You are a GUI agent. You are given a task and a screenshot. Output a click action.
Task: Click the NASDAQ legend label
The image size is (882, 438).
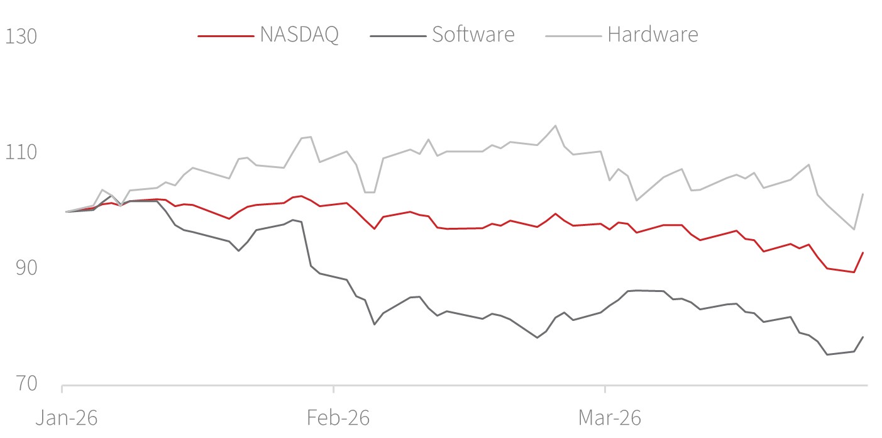299,35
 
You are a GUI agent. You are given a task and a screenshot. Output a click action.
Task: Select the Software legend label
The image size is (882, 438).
473,35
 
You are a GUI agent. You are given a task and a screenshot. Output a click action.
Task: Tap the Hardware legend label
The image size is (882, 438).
653,35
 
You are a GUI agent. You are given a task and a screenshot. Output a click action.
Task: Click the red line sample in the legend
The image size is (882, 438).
226,36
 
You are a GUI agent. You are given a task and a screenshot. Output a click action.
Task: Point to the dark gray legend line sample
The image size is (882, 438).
397,36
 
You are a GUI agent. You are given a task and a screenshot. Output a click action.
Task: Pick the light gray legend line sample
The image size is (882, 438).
573,36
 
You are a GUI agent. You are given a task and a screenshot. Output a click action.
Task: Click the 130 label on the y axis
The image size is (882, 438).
21,36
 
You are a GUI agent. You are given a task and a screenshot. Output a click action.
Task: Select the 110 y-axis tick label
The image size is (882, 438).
21,152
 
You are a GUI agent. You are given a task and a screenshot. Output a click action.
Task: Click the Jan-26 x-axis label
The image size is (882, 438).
66,418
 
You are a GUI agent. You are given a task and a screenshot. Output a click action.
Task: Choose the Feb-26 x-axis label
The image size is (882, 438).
339,418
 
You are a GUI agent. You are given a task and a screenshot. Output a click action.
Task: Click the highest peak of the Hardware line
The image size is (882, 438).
555,125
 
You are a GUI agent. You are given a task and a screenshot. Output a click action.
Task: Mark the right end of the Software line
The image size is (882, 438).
863,337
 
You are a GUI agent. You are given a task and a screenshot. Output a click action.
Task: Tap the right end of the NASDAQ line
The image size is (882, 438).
863,252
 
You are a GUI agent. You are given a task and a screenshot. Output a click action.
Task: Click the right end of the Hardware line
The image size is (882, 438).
863,194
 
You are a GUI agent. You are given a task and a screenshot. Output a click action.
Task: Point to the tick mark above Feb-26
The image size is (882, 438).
333,388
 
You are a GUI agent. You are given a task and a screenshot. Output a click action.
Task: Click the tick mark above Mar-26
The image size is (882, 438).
605,388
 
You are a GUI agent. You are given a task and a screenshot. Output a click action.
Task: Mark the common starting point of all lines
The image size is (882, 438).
66,211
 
